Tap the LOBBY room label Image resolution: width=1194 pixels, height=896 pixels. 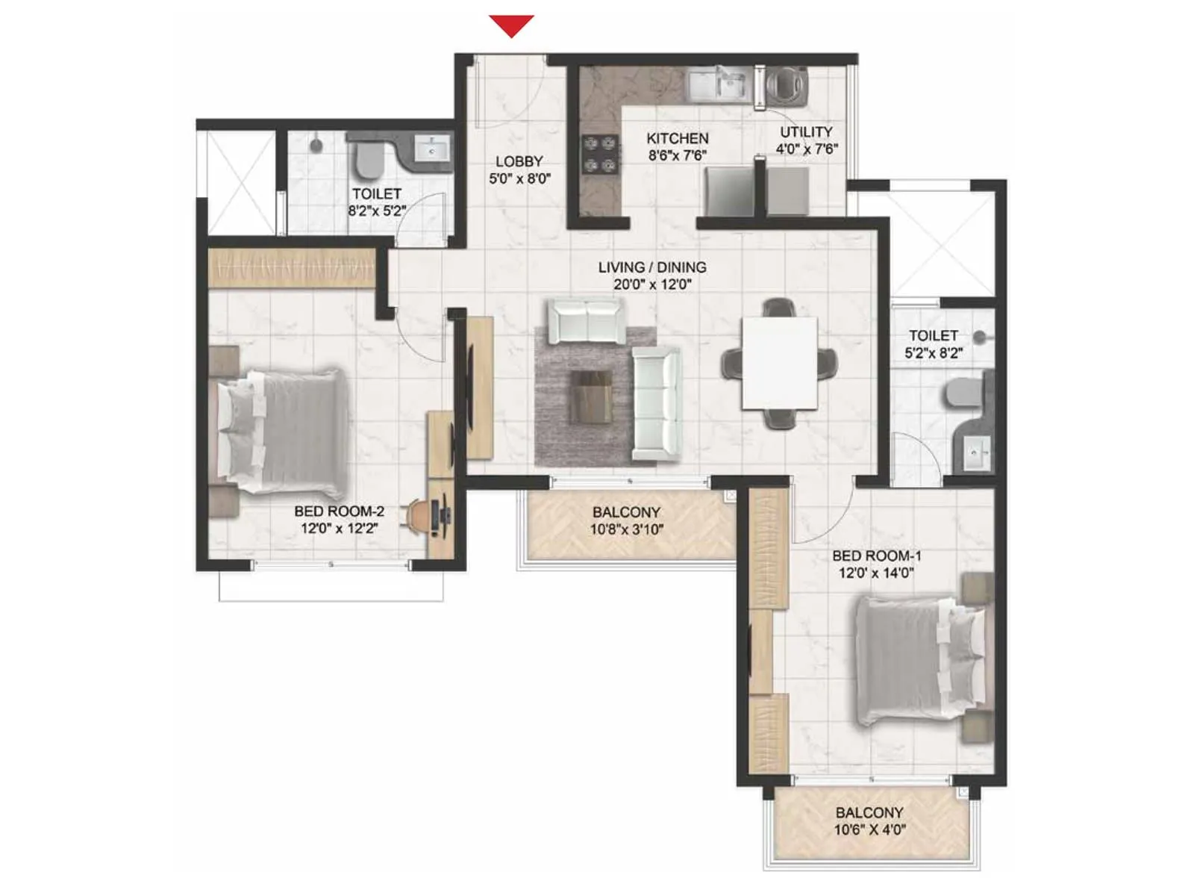click(x=519, y=161)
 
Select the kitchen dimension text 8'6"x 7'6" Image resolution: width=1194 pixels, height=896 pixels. click(x=677, y=155)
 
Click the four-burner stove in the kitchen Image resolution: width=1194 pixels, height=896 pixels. click(x=600, y=154)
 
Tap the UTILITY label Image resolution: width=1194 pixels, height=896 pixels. click(x=806, y=131)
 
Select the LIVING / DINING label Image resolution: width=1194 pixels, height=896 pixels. click(x=652, y=267)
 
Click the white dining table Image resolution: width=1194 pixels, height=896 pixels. click(x=779, y=363)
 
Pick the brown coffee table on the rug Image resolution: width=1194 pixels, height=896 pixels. click(x=591, y=396)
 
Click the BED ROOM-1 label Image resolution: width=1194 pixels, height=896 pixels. click(x=876, y=556)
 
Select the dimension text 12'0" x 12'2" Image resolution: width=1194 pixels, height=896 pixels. click(x=339, y=529)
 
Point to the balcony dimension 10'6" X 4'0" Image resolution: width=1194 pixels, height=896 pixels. click(x=869, y=830)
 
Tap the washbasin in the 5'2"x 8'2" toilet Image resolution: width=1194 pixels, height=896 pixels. click(x=976, y=451)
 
